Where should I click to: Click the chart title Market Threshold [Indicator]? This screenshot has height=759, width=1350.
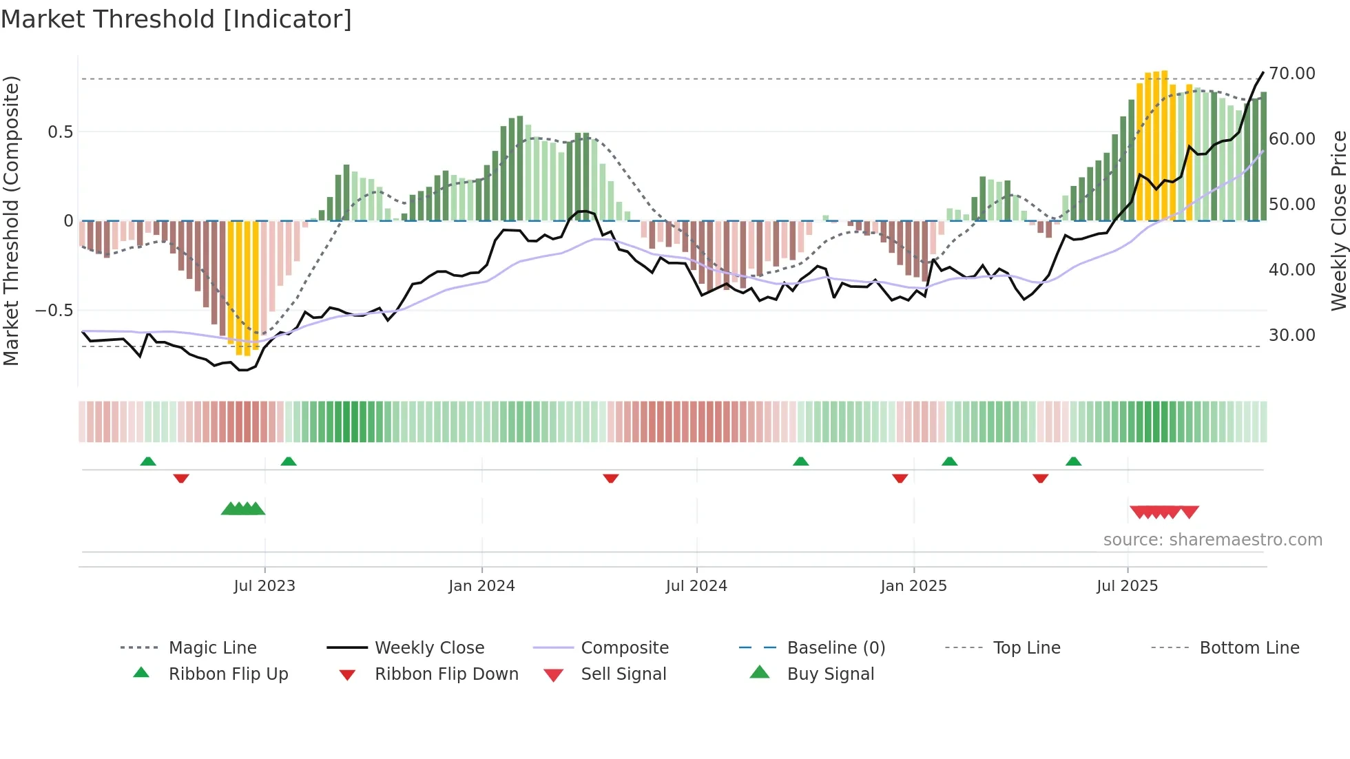click(x=176, y=19)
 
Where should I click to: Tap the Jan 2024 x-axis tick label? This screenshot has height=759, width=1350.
click(x=481, y=585)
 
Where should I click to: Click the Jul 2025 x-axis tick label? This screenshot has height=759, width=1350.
click(x=1127, y=585)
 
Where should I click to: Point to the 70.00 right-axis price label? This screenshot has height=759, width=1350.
click(x=1291, y=73)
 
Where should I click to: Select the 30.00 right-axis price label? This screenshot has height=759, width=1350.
click(x=1291, y=335)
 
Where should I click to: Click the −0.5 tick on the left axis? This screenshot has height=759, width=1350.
click(x=54, y=310)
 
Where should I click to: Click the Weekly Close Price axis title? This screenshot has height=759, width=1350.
click(x=1338, y=220)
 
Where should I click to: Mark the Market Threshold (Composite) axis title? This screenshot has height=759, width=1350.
click(x=11, y=220)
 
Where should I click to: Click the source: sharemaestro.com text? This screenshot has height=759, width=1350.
click(x=1212, y=539)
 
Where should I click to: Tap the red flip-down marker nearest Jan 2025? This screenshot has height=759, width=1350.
click(x=900, y=478)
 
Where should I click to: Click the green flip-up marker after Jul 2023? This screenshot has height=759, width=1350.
click(x=289, y=461)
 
